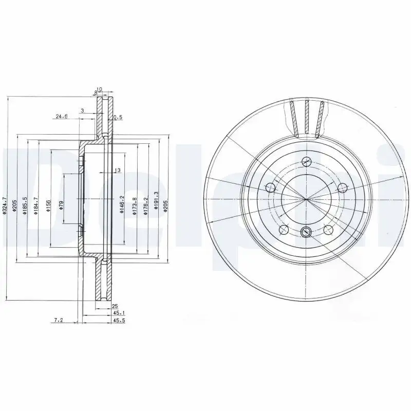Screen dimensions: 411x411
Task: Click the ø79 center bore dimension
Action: tap(61, 205)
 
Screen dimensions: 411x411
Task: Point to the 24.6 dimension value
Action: tap(62, 117)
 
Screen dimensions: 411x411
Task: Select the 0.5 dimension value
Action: tap(118, 117)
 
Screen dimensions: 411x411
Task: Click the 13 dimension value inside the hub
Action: tap(117, 170)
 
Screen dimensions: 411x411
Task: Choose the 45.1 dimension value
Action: tap(118, 313)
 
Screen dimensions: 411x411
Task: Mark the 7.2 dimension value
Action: tap(59, 321)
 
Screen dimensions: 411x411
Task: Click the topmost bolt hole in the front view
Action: tap(306, 160)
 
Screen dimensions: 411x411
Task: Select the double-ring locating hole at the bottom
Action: tap(306, 232)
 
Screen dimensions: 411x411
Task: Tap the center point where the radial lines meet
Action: tap(306, 199)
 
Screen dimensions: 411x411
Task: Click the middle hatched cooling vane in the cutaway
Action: tap(306, 117)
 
